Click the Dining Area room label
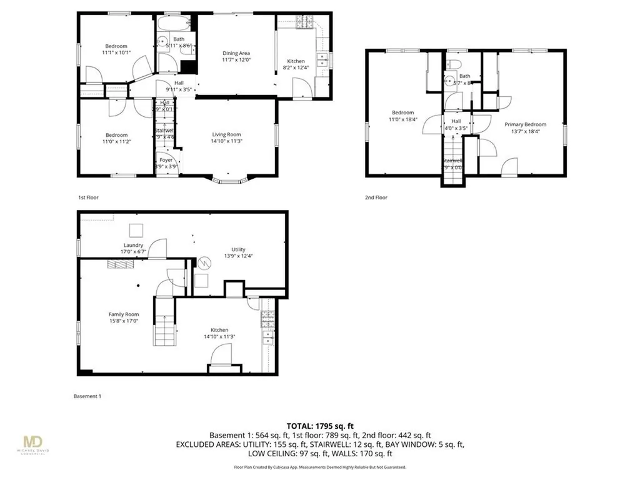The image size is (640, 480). coord(236,53)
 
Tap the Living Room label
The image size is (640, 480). coord(226,134)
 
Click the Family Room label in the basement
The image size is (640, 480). coord(124,314)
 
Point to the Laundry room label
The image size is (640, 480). coord(134,245)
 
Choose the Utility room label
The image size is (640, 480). coord(238,248)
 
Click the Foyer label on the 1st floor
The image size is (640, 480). coord(166,160)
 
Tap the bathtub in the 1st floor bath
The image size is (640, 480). coord(176,24)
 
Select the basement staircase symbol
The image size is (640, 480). coord(164,322)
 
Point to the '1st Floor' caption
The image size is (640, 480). coord(88,197)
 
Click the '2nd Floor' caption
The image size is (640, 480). coord(376,197)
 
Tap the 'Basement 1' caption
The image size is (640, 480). coord(87,396)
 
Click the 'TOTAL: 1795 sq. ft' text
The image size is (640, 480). coord(319,425)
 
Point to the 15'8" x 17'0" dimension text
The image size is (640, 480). coord(124,321)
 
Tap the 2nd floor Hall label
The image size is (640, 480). coord(456,121)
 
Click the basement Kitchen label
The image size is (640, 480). coord(219,330)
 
